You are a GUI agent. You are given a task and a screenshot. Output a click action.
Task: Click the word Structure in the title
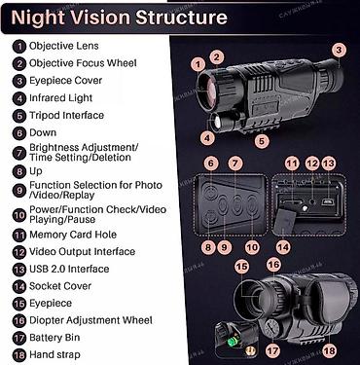[x=181, y=17]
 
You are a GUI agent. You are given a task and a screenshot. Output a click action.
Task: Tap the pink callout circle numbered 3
[x=339, y=51]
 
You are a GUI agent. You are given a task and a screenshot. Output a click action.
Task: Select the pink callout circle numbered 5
[x=262, y=141]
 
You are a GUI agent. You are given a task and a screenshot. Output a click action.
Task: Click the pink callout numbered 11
[x=292, y=164]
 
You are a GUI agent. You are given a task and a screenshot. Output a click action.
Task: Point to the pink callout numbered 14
[x=283, y=248]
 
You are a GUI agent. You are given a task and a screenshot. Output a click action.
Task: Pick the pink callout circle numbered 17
[x=272, y=350]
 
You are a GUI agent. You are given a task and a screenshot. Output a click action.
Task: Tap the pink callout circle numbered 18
[x=330, y=350]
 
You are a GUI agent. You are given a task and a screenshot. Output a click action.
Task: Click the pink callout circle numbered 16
[x=273, y=265]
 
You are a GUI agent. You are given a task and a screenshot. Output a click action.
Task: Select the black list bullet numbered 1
[x=19, y=46]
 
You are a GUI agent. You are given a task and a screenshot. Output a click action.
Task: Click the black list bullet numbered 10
[x=19, y=215]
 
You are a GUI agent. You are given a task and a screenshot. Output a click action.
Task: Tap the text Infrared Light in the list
[x=61, y=98]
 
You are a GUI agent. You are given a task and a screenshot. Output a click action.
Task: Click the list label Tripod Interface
[x=67, y=115]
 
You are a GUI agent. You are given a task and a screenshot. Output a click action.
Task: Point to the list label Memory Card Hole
[x=73, y=235]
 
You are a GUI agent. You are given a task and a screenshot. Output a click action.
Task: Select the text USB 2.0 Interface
[x=69, y=269]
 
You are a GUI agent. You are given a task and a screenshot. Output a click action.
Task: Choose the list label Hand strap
[x=54, y=354]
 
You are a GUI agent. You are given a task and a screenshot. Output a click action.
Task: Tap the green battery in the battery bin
[x=234, y=341]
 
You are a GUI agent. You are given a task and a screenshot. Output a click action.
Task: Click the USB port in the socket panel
[x=328, y=202]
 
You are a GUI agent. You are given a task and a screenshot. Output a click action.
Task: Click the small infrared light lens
[x=216, y=123]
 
